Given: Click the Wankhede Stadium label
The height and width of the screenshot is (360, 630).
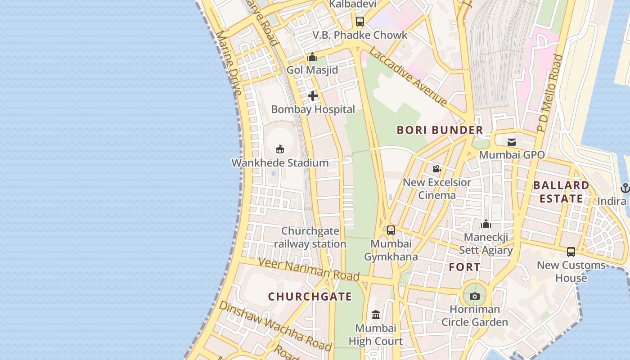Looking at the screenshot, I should pyautogui.click(x=280, y=163).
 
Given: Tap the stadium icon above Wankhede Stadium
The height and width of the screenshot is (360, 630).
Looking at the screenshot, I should pyautogui.click(x=280, y=149).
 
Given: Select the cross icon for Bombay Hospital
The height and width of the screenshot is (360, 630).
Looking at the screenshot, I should pyautogui.click(x=313, y=96).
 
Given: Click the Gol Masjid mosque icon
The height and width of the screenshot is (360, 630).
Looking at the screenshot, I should pyautogui.click(x=312, y=57).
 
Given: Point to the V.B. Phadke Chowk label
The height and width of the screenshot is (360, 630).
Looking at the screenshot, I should pyautogui.click(x=360, y=35).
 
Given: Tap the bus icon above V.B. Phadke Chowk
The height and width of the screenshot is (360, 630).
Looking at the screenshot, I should pyautogui.click(x=360, y=21).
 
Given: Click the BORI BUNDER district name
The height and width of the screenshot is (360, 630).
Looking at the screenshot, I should pyautogui.click(x=440, y=130).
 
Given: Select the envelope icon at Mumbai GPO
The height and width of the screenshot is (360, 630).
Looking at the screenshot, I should pyautogui.click(x=512, y=142).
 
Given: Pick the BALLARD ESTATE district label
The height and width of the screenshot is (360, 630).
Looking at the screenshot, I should pyautogui.click(x=561, y=192).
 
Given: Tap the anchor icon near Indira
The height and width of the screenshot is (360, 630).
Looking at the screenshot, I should pyautogui.click(x=625, y=188).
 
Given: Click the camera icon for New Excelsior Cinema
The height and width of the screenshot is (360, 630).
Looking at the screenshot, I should pyautogui.click(x=436, y=169).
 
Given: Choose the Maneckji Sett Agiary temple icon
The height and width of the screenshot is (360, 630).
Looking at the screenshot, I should pyautogui.click(x=486, y=224).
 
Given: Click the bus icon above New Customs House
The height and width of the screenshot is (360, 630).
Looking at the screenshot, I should pyautogui.click(x=571, y=252).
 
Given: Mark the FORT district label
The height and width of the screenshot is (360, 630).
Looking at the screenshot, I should pyautogui.click(x=465, y=267).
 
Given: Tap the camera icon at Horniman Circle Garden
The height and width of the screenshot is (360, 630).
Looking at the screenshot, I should pyautogui.click(x=474, y=296).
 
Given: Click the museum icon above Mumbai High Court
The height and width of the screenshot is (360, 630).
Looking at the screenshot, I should pyautogui.click(x=376, y=315).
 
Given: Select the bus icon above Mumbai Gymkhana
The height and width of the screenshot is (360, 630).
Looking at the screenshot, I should pyautogui.click(x=391, y=230).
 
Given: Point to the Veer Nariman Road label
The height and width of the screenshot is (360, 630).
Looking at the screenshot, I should pyautogui.click(x=309, y=269).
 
